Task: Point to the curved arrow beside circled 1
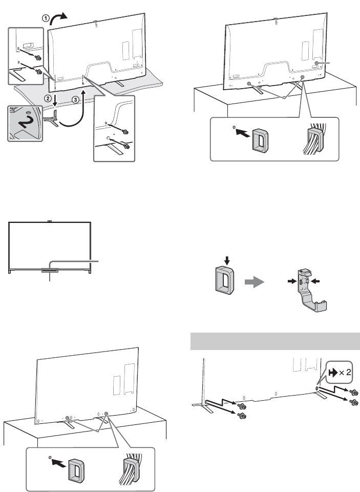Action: click(60, 14)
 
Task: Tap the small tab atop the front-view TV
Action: click(50, 222)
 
